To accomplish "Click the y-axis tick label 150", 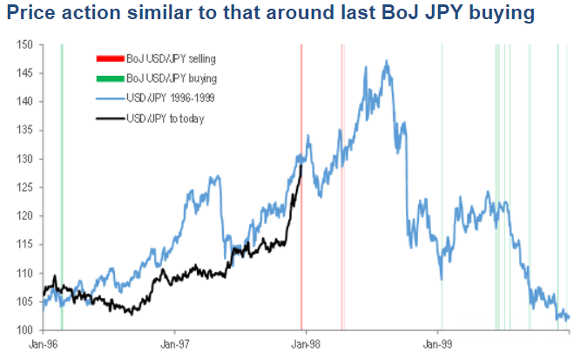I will click(26, 44).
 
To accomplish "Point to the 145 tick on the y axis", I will click(26, 73).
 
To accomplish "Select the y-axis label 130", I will click(26, 159).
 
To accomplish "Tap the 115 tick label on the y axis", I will click(26, 244).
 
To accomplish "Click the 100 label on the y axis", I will click(26, 329).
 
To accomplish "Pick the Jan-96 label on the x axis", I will click(44, 345).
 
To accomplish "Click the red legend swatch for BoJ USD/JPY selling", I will click(109, 58).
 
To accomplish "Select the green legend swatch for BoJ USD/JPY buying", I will click(109, 78).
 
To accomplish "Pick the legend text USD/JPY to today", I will click(165, 118).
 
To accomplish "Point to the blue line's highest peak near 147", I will click(385, 61).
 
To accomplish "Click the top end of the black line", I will click(301, 165).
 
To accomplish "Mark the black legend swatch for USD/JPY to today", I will click(109, 118).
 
